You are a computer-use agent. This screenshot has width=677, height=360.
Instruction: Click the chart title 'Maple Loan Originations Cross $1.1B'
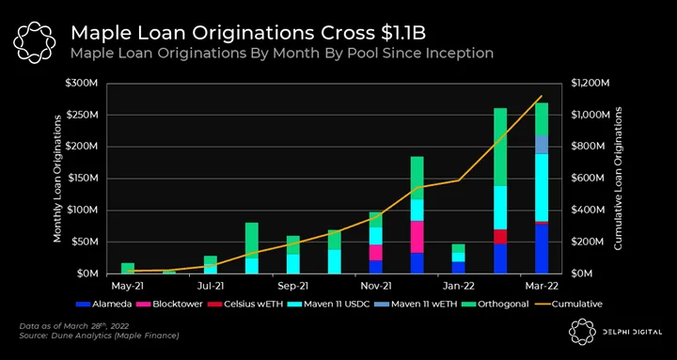click(248, 33)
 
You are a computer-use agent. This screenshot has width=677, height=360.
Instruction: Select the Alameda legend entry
click(103, 304)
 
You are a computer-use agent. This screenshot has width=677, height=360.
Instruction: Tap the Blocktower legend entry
click(171, 304)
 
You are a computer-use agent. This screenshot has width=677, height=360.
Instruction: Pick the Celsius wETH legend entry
click(245, 304)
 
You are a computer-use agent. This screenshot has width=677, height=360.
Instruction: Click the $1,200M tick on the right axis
click(590, 84)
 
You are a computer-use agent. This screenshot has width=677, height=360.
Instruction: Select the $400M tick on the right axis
click(587, 211)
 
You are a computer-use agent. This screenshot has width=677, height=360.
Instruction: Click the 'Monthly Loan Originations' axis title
click(57, 179)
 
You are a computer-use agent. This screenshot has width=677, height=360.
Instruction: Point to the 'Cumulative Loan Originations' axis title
click(619, 178)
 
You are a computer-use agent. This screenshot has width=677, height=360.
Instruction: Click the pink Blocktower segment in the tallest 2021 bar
click(417, 237)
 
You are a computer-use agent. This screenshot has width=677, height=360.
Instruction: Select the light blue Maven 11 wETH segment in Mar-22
click(542, 145)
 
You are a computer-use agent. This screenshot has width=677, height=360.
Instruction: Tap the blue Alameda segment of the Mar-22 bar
click(542, 249)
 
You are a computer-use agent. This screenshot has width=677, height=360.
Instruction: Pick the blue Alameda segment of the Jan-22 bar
click(459, 268)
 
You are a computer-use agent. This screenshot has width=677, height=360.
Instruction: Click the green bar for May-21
click(128, 268)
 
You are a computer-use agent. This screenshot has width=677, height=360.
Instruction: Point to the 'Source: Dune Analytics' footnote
click(100, 336)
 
